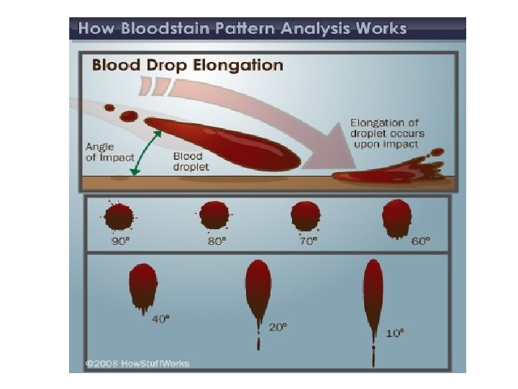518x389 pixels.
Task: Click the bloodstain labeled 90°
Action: click(x=119, y=215)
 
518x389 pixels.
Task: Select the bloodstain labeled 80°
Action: click(x=214, y=214)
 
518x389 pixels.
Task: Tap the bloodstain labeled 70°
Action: click(x=305, y=215)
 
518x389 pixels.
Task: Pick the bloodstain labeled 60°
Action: click(x=396, y=216)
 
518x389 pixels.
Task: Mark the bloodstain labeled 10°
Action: click(x=373, y=295)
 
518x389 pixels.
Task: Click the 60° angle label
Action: click(x=420, y=241)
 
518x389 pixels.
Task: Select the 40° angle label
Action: click(x=161, y=318)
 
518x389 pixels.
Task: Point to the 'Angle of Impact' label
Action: click(x=104, y=152)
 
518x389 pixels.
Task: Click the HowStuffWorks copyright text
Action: click(x=137, y=363)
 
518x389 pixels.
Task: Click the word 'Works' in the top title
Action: click(x=381, y=30)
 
